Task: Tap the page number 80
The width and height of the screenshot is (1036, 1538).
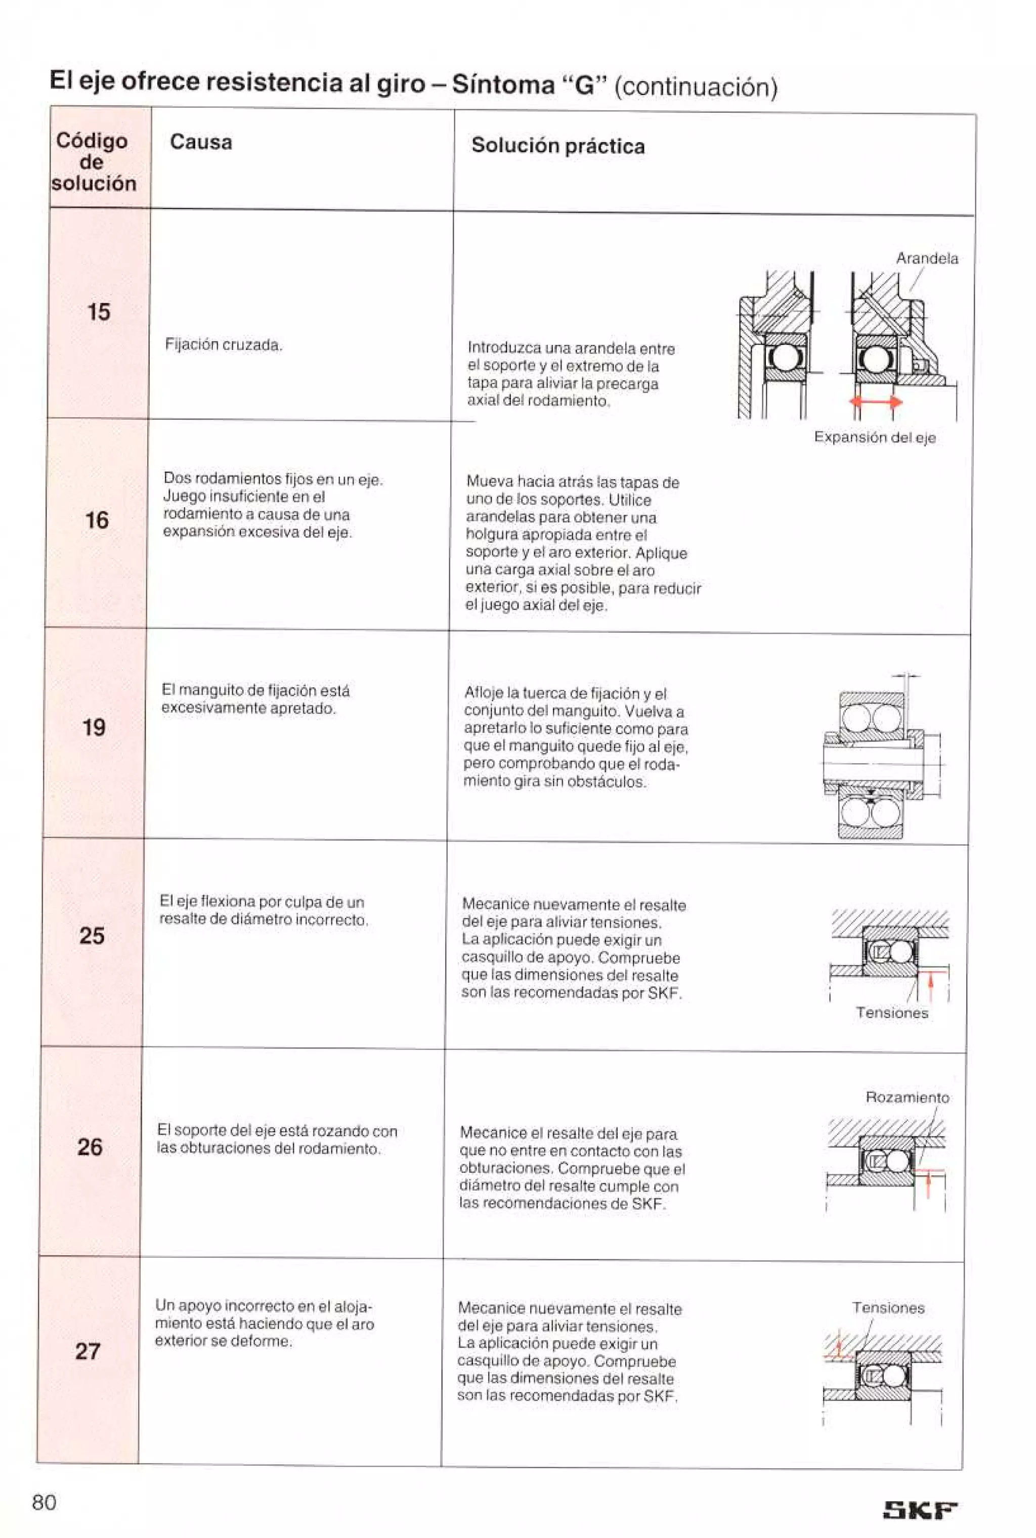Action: tap(45, 1502)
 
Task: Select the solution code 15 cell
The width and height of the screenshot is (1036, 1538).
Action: tap(99, 312)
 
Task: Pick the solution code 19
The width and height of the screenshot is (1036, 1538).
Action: tap(94, 727)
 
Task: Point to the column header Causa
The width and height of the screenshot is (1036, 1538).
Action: tap(201, 142)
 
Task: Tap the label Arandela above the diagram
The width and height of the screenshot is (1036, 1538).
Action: tap(926, 259)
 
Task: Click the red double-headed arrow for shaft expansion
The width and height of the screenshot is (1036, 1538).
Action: tap(876, 402)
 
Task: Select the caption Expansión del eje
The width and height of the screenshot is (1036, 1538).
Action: tap(874, 437)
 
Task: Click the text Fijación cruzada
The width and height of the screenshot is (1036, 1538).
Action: tap(223, 345)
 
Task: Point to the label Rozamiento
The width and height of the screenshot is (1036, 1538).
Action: tap(906, 1097)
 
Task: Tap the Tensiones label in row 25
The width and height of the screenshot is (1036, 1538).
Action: tap(891, 1013)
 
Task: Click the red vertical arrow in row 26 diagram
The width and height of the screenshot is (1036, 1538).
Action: tap(928, 1184)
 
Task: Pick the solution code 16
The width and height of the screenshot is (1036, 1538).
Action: tap(97, 520)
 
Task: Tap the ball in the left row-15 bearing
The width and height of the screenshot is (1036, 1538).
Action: tap(784, 359)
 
